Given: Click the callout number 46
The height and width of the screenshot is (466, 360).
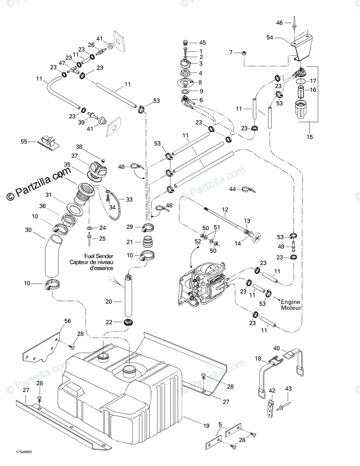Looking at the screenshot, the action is click(x=279, y=23).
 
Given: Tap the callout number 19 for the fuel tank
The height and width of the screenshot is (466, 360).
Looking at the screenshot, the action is click(x=206, y=426).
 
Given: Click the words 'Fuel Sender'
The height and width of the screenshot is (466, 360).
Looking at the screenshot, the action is click(x=99, y=256).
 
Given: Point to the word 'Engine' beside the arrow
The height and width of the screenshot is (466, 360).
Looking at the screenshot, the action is click(x=290, y=302).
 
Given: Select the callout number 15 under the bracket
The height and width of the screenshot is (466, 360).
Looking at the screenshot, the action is click(x=310, y=137).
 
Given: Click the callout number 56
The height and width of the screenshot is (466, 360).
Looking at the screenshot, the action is click(x=68, y=321).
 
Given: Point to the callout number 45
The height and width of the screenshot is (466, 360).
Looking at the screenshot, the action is click(x=202, y=43).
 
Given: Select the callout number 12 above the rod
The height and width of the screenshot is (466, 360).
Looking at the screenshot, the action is click(x=225, y=209).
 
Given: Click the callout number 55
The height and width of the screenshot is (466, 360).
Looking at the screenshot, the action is click(x=24, y=141).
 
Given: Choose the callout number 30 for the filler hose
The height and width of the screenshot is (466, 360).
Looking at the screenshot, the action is click(x=28, y=230).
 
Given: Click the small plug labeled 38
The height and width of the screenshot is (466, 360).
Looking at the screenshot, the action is click(x=103, y=160).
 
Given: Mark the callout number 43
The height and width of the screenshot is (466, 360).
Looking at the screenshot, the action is click(x=288, y=389).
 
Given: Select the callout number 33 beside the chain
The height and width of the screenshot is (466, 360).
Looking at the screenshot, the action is click(x=129, y=200).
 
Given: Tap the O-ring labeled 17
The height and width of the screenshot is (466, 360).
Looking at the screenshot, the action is click(x=301, y=81).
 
